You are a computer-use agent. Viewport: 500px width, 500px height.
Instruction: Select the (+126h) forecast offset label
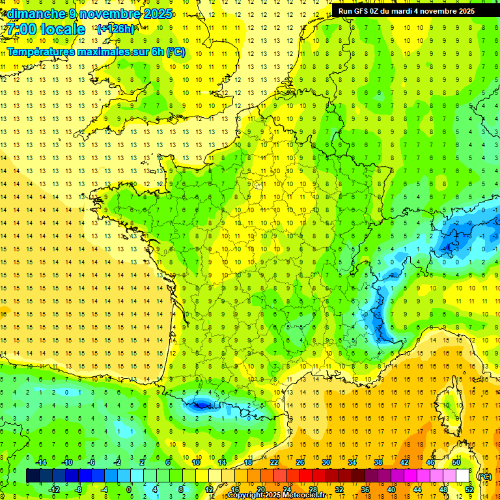pos(115,29)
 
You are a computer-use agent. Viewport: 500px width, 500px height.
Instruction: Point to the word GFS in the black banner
pos(364,11)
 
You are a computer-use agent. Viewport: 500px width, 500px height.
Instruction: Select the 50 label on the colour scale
pos(456,462)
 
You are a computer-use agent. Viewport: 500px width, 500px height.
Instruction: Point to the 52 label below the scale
pos(469,489)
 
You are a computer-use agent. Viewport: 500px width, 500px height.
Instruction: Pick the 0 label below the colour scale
pos(128,489)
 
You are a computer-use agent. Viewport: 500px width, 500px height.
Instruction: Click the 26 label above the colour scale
pos(300,462)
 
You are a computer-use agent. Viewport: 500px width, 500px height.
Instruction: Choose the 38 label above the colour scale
pos(378,462)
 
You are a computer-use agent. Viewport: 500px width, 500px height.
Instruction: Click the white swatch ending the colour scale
pos(463,476)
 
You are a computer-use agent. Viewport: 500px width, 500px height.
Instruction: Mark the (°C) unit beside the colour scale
pos(484,476)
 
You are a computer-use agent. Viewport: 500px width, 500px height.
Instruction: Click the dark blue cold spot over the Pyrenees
pos(202,405)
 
